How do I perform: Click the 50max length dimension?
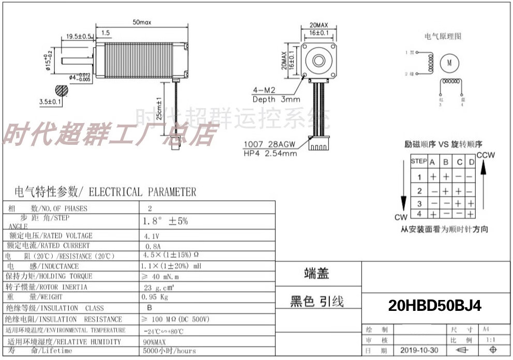pyautogui.click(x=142, y=22)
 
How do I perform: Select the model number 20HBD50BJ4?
pyautogui.click(x=434, y=306)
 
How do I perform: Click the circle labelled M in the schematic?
pyautogui.click(x=449, y=63)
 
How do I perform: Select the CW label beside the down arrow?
pyautogui.click(x=401, y=217)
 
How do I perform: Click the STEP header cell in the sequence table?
pyautogui.click(x=418, y=161)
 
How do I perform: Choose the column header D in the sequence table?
pyautogui.click(x=471, y=162)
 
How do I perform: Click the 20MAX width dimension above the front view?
pyautogui.click(x=319, y=24)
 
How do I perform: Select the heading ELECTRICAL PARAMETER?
pyautogui.click(x=143, y=192)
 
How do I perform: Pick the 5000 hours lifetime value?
pyautogui.click(x=169, y=351)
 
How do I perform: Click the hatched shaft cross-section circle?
pyautogui.click(x=63, y=90)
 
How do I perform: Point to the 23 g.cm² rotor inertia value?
pyautogui.click(x=158, y=287)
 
